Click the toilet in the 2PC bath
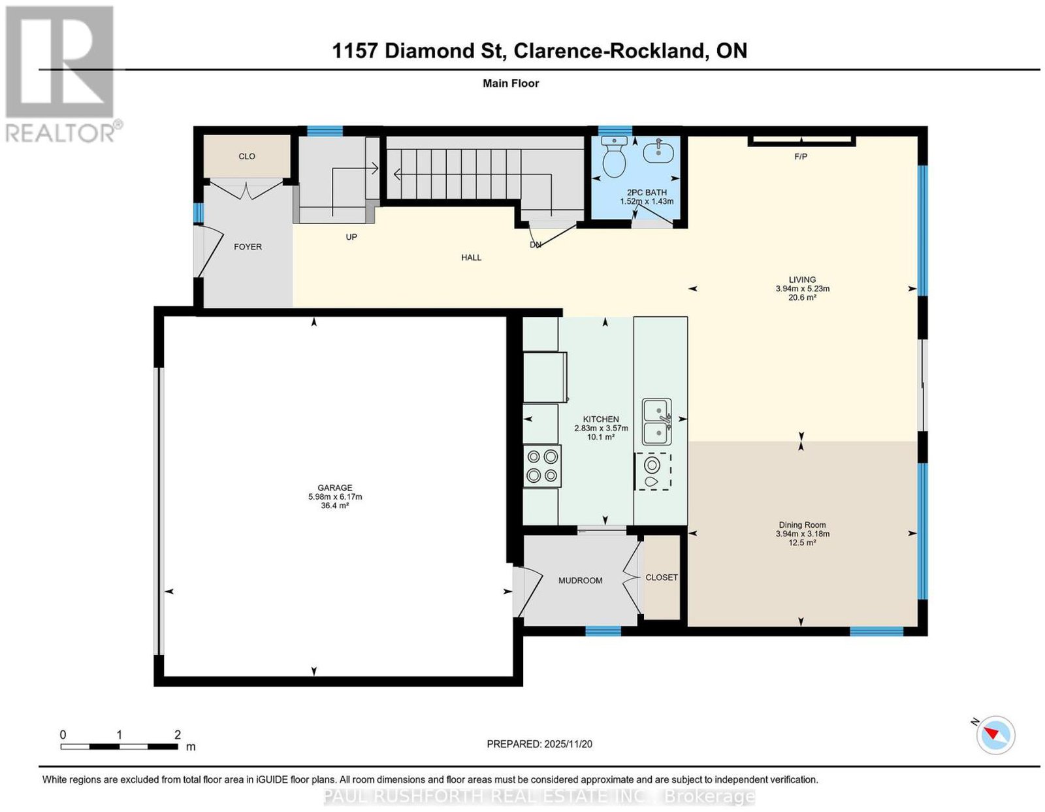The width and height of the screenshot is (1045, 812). (x=614, y=156)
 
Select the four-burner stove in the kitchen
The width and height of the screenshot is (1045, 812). (x=542, y=466)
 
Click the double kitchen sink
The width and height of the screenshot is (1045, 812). (x=657, y=421)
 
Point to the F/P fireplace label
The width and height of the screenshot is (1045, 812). (x=800, y=157)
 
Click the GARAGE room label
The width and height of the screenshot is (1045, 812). (x=334, y=487)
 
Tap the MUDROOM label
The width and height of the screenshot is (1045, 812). (x=580, y=581)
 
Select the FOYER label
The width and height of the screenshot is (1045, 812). (x=248, y=247)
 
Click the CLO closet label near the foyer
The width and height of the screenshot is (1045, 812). (x=247, y=156)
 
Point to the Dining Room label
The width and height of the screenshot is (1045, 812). (x=802, y=525)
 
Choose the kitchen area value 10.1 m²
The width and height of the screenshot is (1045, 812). (x=601, y=437)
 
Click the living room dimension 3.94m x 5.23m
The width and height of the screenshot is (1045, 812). (x=802, y=289)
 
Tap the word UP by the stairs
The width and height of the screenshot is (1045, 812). (x=351, y=237)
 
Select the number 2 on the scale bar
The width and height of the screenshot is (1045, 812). (x=178, y=735)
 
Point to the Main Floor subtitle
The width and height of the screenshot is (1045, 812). (x=511, y=84)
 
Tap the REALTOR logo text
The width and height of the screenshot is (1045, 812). (x=61, y=133)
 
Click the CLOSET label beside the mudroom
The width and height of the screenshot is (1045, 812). (x=661, y=577)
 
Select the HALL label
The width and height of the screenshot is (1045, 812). (x=471, y=257)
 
